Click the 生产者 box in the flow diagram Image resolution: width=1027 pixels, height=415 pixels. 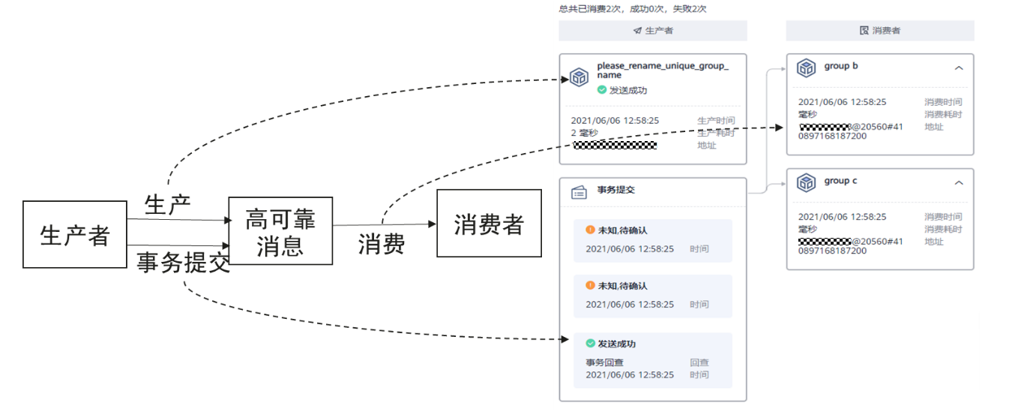pyautogui.click(x=74, y=234)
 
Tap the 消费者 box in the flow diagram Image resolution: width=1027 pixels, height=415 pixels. pyautogui.click(x=489, y=224)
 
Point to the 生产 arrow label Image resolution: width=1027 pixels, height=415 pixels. pyautogui.click(x=167, y=204)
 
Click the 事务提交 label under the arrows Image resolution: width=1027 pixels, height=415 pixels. pyautogui.click(x=183, y=263)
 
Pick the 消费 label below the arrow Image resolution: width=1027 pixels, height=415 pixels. pyautogui.click(x=382, y=243)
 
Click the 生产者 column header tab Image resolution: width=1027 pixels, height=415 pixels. pyautogui.click(x=653, y=31)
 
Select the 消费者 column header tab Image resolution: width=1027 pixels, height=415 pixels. pyautogui.click(x=880, y=31)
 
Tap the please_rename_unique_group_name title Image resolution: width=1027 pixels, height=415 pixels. pyautogui.click(x=663, y=71)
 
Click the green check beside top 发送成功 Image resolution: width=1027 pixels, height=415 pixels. pyautogui.click(x=601, y=90)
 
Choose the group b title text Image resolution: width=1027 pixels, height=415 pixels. pyautogui.click(x=841, y=66)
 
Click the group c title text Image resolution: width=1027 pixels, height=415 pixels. pyautogui.click(x=841, y=181)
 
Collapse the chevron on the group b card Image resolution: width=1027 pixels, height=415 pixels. pyautogui.click(x=959, y=68)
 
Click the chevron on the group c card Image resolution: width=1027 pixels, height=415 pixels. pyautogui.click(x=959, y=183)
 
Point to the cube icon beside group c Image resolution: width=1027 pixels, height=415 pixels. pyautogui.click(x=806, y=183)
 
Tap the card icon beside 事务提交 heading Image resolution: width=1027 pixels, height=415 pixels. pyautogui.click(x=579, y=192)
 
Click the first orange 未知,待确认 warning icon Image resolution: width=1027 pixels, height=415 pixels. pyautogui.click(x=590, y=230)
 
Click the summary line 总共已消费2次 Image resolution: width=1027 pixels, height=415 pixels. pyautogui.click(x=632, y=9)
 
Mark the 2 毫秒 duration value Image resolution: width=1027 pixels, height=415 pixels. pyautogui.click(x=585, y=132)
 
